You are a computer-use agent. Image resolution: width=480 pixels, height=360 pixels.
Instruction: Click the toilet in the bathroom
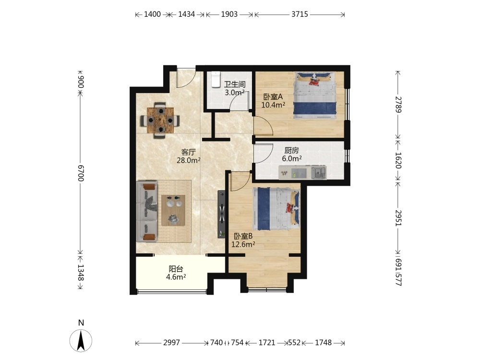(216, 79)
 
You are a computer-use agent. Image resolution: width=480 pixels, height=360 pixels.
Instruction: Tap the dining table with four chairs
(160, 120)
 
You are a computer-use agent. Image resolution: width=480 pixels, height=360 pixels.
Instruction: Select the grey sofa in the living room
(147, 211)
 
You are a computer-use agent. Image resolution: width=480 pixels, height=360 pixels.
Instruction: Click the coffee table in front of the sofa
(173, 210)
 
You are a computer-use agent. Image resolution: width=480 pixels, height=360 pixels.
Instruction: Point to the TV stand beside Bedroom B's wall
(221, 214)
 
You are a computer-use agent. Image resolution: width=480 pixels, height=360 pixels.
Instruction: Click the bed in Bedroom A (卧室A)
(315, 96)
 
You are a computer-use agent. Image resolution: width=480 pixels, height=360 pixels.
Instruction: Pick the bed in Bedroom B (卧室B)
(276, 208)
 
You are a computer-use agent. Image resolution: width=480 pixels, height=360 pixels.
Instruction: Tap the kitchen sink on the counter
(319, 173)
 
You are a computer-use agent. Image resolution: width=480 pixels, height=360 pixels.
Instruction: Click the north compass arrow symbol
(81, 341)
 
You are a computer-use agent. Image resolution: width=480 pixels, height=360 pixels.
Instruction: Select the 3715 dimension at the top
(300, 14)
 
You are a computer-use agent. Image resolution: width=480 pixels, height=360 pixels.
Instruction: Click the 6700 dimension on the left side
(81, 173)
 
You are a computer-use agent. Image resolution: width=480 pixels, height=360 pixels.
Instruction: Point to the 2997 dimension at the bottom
(171, 343)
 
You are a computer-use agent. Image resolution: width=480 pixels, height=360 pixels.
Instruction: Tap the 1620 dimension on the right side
(398, 160)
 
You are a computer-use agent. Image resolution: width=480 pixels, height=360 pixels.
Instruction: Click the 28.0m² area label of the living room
(189, 160)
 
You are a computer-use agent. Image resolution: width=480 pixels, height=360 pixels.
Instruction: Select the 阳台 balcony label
(176, 269)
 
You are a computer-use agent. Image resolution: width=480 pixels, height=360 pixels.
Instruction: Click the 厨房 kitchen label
(291, 150)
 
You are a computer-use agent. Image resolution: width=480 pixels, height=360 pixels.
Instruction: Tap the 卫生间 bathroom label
(235, 84)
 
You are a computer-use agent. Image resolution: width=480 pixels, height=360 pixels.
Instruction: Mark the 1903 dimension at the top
(229, 14)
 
